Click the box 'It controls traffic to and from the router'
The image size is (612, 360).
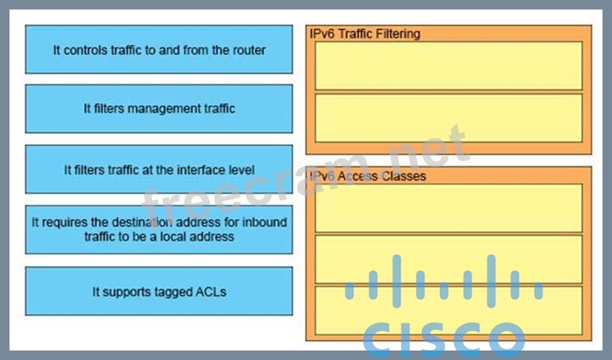tap(159, 50)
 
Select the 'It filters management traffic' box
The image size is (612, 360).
tap(159, 109)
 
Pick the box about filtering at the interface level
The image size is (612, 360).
tap(159, 169)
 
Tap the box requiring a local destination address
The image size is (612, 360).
tap(159, 229)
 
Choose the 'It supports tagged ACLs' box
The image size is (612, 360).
tap(159, 291)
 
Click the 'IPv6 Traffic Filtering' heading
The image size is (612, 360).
tap(364, 34)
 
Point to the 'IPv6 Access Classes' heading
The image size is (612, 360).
tap(367, 176)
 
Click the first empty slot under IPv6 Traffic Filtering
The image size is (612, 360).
tap(448, 65)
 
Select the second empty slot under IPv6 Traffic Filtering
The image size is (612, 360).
tap(448, 118)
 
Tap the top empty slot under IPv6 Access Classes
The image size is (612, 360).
tap(448, 208)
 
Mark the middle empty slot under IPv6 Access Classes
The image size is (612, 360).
tap(448, 259)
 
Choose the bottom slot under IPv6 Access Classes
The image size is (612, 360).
tap(448, 309)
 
